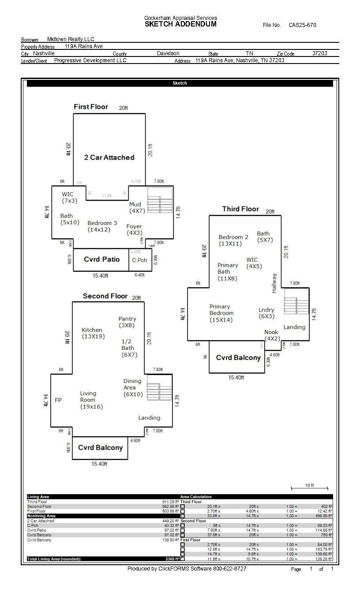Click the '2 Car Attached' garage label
[109, 158]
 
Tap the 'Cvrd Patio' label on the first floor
[101, 259]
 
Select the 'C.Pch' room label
[139, 260]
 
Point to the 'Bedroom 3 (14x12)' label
[102, 226]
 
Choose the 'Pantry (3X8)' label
[127, 322]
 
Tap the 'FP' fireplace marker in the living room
[58, 400]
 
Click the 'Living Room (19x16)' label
[91, 400]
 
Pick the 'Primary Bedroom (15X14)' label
[221, 313]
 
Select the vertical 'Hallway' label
[274, 283]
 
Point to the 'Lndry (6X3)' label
[266, 313]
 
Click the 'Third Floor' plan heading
[240, 209]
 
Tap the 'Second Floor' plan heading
[105, 296]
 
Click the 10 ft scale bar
[309, 488]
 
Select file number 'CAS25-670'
[303, 25]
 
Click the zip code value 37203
[320, 53]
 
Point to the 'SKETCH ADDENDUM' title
[180, 24]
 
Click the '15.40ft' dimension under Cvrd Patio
[100, 275]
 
